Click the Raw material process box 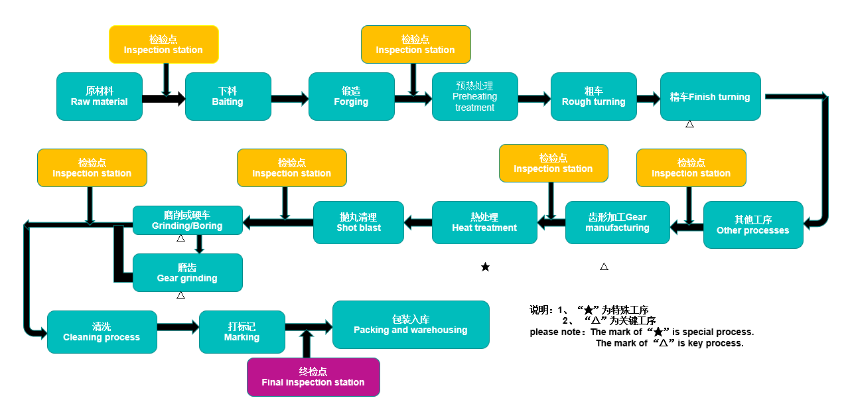coord(100,97)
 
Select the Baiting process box coord(228,97)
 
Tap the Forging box coord(351,97)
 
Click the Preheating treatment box coord(474,97)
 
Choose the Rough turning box coord(593,97)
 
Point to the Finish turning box coord(710,97)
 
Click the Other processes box coord(752,225)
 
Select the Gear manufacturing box coord(617,222)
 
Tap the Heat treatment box coord(484,222)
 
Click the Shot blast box coord(358,222)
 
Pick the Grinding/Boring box coord(187,220)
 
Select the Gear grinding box coord(187,273)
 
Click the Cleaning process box coord(102,332)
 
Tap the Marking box coord(242,332)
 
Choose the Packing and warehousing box coord(410,324)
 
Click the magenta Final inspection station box coord(313,377)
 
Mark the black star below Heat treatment coord(485,267)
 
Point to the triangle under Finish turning coord(689,124)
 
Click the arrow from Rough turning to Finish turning coord(648,99)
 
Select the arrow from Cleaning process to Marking coord(178,327)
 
